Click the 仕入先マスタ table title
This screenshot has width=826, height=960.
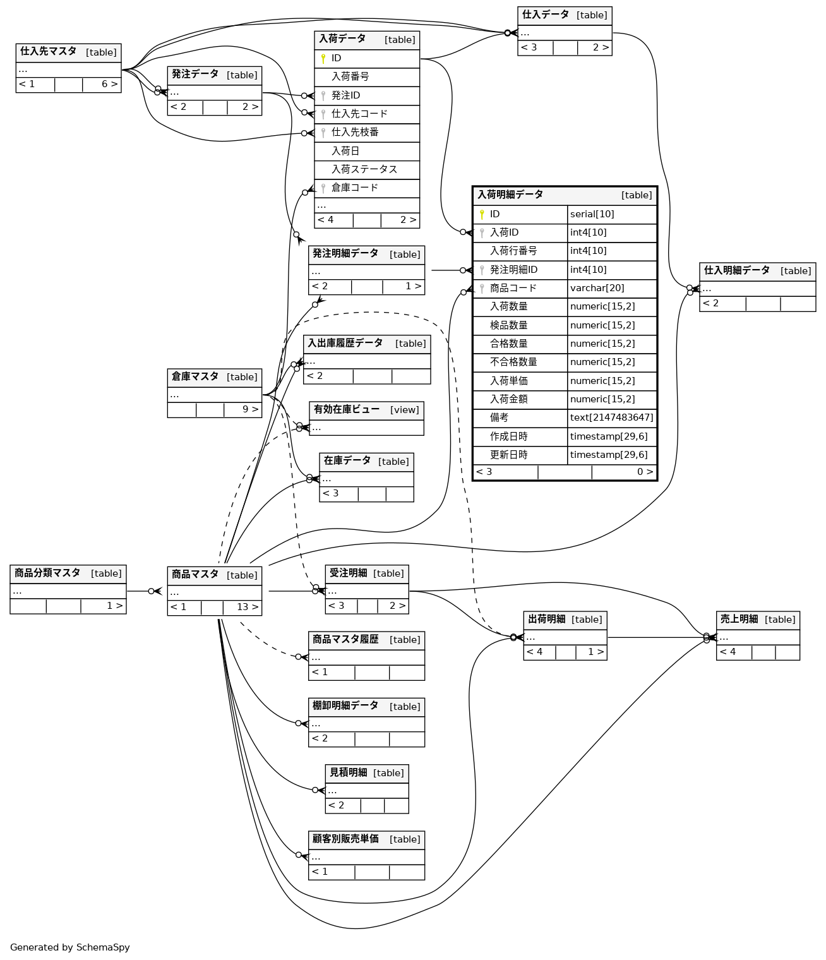49,52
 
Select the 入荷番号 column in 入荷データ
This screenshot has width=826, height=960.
350,77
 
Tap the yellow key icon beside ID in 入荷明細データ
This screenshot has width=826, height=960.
482,215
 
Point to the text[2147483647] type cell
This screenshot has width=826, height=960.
611,417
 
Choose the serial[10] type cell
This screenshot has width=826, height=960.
592,214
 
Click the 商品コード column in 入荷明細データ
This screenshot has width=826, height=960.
513,288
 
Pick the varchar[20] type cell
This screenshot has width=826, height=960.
597,288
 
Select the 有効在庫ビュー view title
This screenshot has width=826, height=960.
347,410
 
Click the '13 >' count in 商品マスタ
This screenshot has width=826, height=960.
247,607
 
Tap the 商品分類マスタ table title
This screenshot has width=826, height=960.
47,573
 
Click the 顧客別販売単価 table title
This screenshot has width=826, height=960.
345,839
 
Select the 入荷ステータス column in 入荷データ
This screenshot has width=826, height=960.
364,169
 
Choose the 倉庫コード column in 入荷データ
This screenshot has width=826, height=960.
355,188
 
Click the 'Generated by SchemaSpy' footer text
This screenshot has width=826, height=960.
70,947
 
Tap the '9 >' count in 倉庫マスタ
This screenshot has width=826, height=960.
250,409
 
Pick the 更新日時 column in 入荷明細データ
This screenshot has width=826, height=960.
508,455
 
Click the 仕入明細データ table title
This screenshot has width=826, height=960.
736,270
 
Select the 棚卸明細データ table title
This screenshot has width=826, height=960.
345,705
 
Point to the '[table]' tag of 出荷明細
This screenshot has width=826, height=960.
587,620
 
